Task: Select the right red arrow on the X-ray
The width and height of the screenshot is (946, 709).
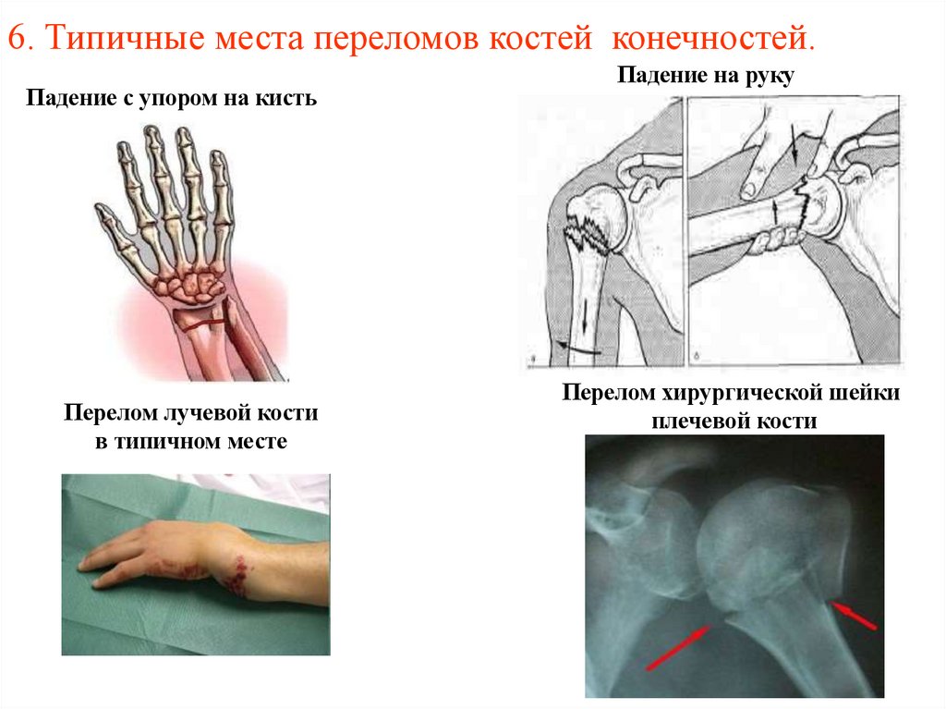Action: (x=854, y=615)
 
